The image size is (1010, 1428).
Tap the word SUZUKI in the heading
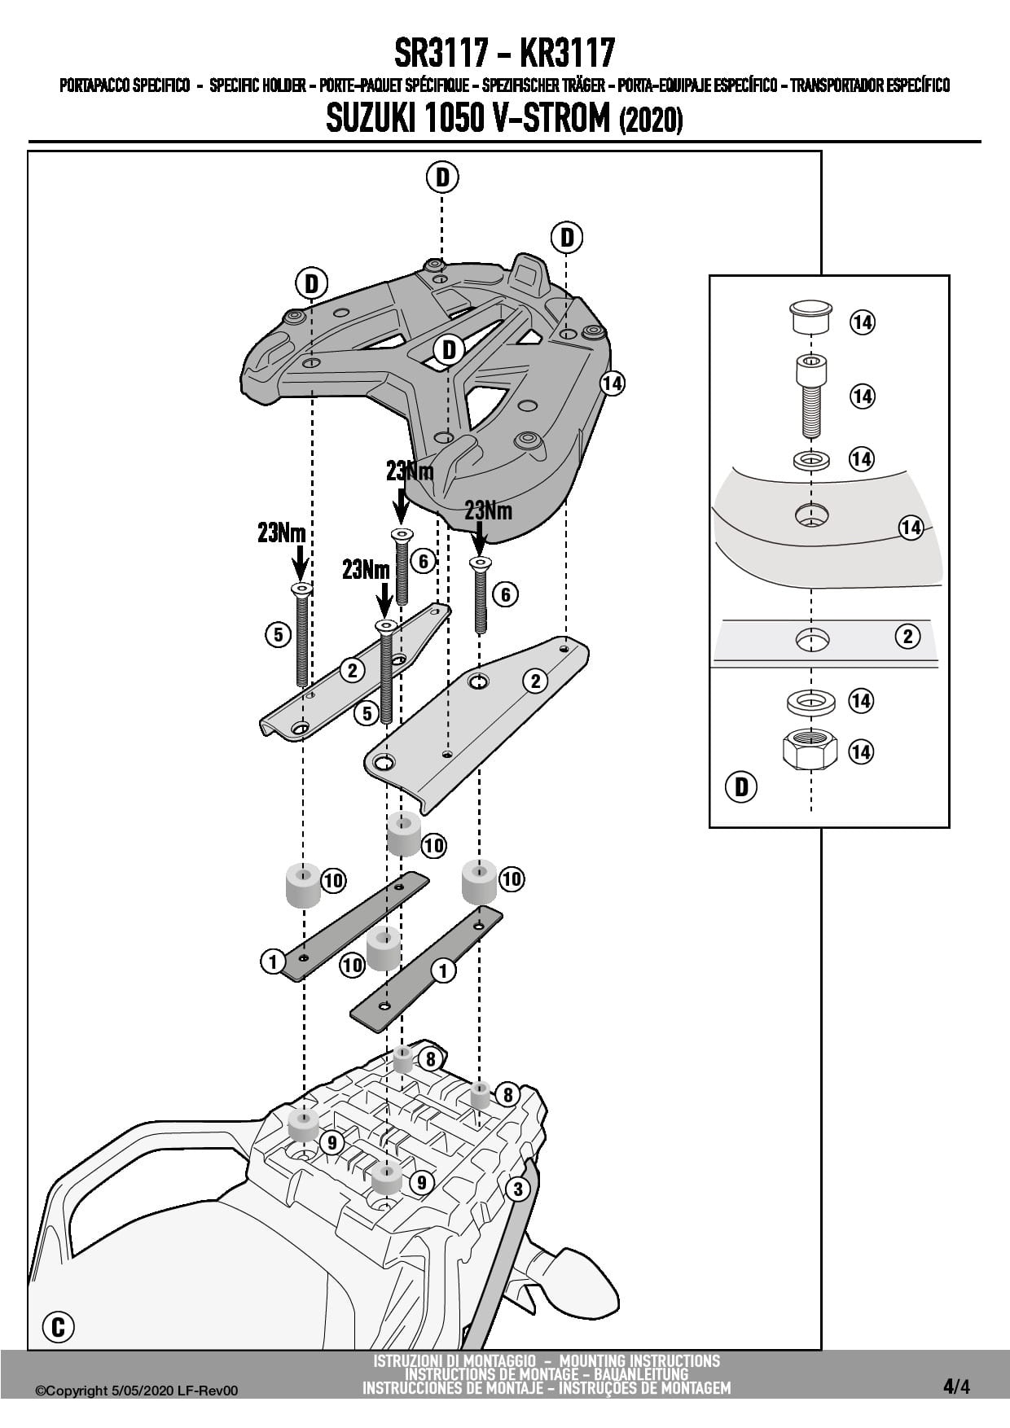click(371, 120)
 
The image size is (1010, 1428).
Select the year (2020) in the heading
click(651, 121)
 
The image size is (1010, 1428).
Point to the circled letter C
click(58, 1327)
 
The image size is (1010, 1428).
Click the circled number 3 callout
click(518, 1189)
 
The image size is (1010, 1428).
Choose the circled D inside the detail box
click(741, 786)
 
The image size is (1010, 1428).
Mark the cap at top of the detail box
click(810, 316)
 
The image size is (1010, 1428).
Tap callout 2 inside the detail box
click(907, 636)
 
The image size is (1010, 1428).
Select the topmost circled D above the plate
click(441, 177)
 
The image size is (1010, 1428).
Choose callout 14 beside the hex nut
click(861, 751)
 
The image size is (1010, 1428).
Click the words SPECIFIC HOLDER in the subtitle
click(257, 85)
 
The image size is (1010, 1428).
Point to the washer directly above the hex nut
click(810, 700)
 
